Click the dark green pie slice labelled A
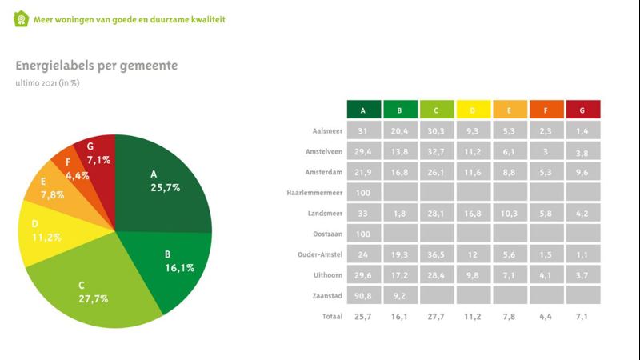tap(164, 184)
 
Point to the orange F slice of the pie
tap(69, 166)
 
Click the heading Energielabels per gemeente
tap(97, 65)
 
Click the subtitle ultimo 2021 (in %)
tap(47, 82)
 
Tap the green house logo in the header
tap(21, 18)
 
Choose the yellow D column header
tap(473, 110)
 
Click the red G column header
tap(582, 110)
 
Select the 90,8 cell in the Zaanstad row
tap(364, 297)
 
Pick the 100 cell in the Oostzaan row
tap(364, 234)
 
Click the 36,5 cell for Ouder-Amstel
tap(437, 255)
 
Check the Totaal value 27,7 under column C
tap(437, 317)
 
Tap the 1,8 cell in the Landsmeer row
tap(400, 214)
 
